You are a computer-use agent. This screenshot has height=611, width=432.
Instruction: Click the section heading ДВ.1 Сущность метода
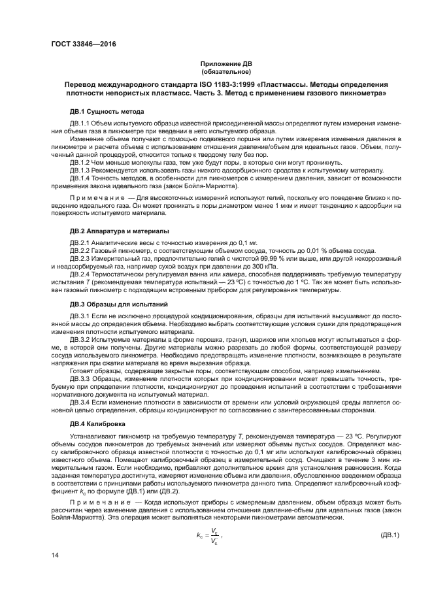click(107, 112)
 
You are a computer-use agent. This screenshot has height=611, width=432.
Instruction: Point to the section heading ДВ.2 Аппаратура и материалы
click(119, 231)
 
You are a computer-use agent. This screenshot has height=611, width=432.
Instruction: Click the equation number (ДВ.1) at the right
click(386, 535)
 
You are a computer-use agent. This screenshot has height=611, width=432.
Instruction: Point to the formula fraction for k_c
click(212, 536)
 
